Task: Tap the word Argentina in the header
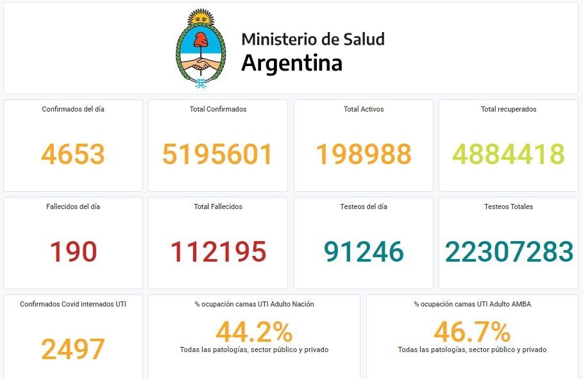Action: [291, 63]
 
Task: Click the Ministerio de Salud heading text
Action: [313, 39]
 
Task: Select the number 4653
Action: [73, 154]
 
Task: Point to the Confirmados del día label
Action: [73, 109]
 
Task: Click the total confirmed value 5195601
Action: [217, 154]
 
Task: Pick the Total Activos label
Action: [364, 109]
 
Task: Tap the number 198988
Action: [364, 154]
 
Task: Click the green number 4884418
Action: [509, 154]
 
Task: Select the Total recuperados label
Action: [509, 109]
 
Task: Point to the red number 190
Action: [73, 252]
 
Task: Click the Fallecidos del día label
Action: [73, 206]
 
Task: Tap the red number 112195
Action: [217, 252]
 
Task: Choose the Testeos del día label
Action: [364, 206]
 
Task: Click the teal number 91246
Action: [364, 252]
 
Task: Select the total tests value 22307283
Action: [509, 252]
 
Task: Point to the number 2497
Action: [73, 349]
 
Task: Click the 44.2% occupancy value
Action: [254, 332]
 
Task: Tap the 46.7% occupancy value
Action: [472, 332]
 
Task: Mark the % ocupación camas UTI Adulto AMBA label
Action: [472, 304]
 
